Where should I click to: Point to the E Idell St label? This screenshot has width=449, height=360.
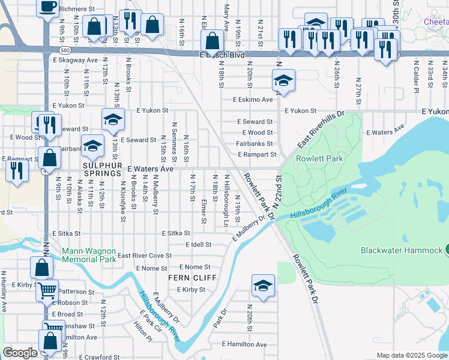click(199, 245)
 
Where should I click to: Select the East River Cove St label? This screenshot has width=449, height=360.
click(145, 256)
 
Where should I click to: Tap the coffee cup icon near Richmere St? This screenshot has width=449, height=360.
click(47, 7)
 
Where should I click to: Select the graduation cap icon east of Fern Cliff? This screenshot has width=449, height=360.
click(263, 286)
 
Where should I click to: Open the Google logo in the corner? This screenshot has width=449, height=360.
click(20, 353)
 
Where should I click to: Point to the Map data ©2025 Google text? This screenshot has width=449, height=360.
click(411, 355)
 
